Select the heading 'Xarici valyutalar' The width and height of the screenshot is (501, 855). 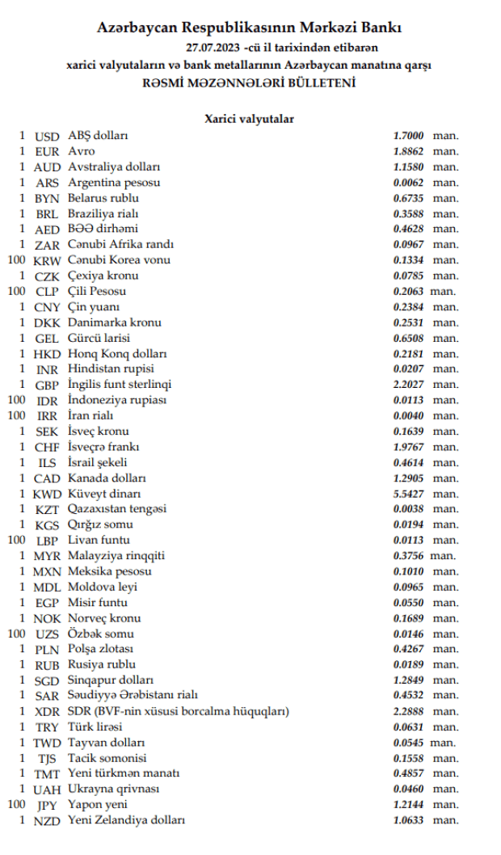tap(249, 119)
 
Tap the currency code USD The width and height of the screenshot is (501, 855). tap(48, 136)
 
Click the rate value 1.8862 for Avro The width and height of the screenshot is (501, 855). tap(408, 151)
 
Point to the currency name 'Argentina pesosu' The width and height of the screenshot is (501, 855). tap(114, 183)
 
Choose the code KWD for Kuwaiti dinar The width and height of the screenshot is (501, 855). tap(48, 494)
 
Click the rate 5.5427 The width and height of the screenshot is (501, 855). tap(408, 494)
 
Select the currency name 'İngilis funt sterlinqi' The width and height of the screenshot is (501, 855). tap(120, 385)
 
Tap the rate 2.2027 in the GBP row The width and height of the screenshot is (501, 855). tap(408, 385)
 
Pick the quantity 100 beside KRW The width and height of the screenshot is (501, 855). tap(15, 260)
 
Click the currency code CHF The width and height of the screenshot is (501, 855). tap(48, 447)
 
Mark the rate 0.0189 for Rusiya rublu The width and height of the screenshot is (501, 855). tap(408, 665)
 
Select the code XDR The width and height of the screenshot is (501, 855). tap(48, 712)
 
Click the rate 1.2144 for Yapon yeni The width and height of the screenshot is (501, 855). tap(408, 805)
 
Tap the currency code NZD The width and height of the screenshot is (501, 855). tap(48, 820)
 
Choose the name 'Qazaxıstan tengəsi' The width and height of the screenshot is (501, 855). tap(117, 509)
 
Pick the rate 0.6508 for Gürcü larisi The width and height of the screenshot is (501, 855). tap(408, 338)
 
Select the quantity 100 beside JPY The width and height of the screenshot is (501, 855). tap(15, 805)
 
